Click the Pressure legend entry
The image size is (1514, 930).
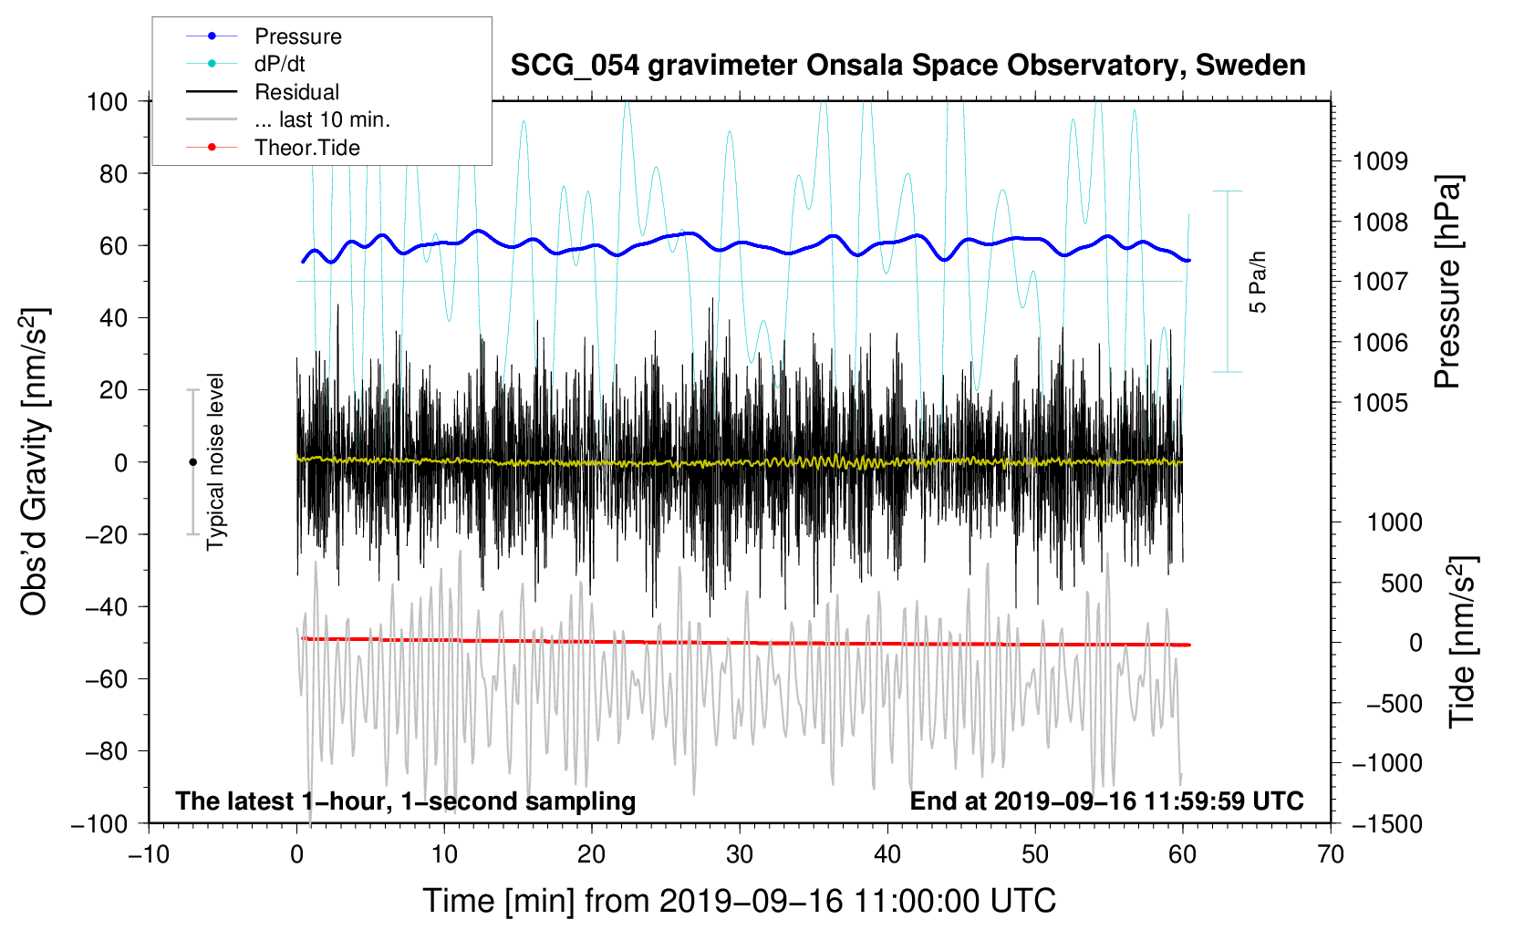pyautogui.click(x=297, y=36)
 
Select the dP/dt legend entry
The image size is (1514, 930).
pyautogui.click(x=279, y=64)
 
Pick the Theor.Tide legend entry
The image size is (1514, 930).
pyautogui.click(x=306, y=148)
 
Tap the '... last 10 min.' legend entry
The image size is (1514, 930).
pyautogui.click(x=322, y=119)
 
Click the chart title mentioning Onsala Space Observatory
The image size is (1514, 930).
pyautogui.click(x=907, y=66)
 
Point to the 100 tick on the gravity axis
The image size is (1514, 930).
pyautogui.click(x=107, y=101)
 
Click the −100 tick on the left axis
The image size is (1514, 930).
pyautogui.click(x=100, y=823)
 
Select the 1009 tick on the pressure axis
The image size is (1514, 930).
pyautogui.click(x=1380, y=161)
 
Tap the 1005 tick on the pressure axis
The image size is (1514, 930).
pyautogui.click(x=1380, y=402)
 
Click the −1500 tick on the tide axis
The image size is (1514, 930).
pyautogui.click(x=1386, y=823)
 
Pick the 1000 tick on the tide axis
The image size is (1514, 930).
pyautogui.click(x=1395, y=522)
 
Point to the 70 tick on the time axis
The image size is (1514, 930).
pyautogui.click(x=1331, y=854)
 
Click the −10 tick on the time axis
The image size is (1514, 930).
pyautogui.click(x=149, y=854)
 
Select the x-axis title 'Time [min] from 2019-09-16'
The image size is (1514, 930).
pyautogui.click(x=739, y=901)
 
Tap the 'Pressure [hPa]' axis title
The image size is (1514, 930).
pyautogui.click(x=1447, y=283)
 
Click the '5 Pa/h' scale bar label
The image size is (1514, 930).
pyautogui.click(x=1259, y=282)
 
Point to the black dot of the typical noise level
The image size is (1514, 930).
pyautogui.click(x=192, y=462)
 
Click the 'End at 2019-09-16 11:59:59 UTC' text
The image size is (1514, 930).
pyautogui.click(x=1106, y=801)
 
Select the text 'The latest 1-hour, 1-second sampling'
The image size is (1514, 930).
pyautogui.click(x=406, y=801)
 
